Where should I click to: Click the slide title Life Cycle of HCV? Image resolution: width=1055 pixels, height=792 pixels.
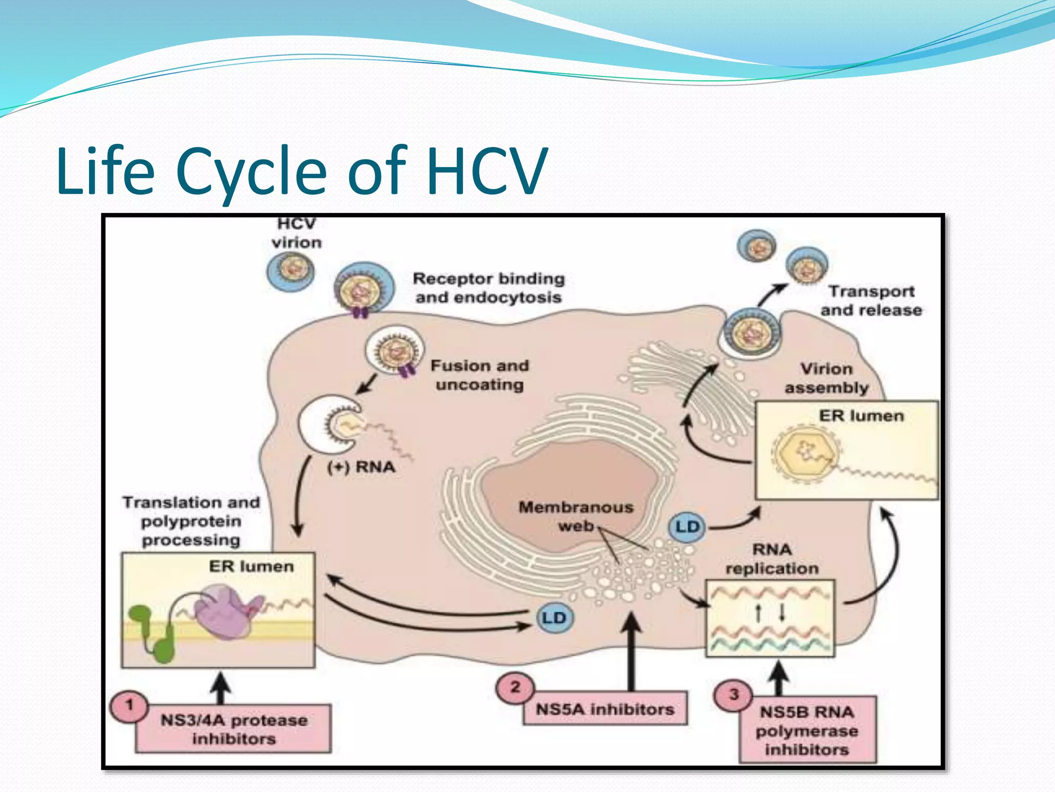tap(301, 171)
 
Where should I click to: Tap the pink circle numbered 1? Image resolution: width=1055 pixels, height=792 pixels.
tap(129, 705)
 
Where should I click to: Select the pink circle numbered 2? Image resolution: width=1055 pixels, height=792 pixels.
tap(515, 687)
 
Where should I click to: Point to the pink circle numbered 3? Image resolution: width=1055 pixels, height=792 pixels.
tap(734, 695)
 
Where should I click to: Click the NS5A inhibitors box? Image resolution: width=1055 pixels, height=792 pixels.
tap(605, 709)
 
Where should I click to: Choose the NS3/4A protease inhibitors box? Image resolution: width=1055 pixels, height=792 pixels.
tap(233, 729)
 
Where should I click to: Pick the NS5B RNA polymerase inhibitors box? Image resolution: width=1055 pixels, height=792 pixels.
tap(807, 730)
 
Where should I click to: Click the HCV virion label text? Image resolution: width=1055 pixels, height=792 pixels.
tap(296, 233)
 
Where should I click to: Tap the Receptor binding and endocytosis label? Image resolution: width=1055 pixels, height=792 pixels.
tap(488, 288)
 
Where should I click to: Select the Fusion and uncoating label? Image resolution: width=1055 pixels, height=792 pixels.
tap(479, 375)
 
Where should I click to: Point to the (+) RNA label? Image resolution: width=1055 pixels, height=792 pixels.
tap(361, 467)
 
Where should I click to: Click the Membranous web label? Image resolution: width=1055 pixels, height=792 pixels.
tap(575, 516)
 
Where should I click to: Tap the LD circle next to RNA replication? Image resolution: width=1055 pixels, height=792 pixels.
tap(687, 527)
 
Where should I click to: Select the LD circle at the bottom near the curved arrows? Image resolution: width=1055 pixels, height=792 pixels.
tap(554, 618)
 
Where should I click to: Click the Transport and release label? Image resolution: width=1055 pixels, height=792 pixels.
tap(871, 301)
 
